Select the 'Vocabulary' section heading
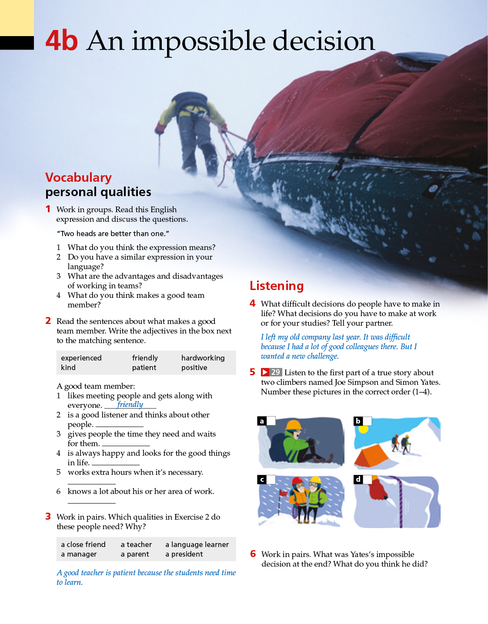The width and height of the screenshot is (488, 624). point(78,177)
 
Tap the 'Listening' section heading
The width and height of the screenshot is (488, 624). point(277,286)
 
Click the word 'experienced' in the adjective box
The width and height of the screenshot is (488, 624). point(81,358)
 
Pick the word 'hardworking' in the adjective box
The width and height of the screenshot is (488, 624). point(203,358)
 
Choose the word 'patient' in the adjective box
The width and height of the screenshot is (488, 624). point(144,367)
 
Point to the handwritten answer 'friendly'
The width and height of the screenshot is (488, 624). point(130,404)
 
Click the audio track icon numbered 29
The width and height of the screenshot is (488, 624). point(271,372)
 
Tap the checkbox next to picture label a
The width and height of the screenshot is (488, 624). point(271,421)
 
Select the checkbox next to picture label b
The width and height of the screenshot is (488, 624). point(368,421)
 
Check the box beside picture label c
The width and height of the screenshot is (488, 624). point(271,479)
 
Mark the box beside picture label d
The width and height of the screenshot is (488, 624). point(368,479)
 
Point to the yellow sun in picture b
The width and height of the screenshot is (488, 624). point(363,429)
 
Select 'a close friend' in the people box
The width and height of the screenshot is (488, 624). point(83,544)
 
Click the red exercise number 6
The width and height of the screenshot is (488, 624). point(253,554)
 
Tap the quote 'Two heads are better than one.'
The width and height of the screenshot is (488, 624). point(113,234)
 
